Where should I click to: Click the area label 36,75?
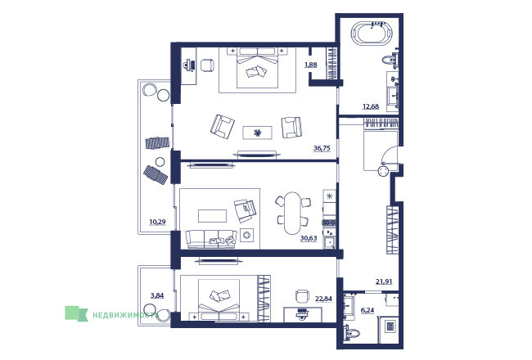(322, 148)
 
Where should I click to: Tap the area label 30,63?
(309, 238)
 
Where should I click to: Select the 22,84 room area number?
(323, 299)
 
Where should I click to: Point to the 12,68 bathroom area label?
(371, 106)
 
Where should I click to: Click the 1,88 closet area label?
(311, 65)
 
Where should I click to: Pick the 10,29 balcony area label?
(157, 223)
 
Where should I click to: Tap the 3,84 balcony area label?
(157, 295)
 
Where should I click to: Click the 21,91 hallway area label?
(384, 281)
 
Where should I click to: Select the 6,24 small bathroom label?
(367, 310)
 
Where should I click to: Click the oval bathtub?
(372, 34)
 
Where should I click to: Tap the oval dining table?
(292, 213)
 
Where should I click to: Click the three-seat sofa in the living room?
(211, 239)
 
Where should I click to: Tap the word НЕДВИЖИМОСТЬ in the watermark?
(125, 315)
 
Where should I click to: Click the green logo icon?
(76, 313)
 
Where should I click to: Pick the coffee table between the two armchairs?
(257, 133)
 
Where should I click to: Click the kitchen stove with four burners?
(329, 223)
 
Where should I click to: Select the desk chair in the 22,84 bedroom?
(302, 295)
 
